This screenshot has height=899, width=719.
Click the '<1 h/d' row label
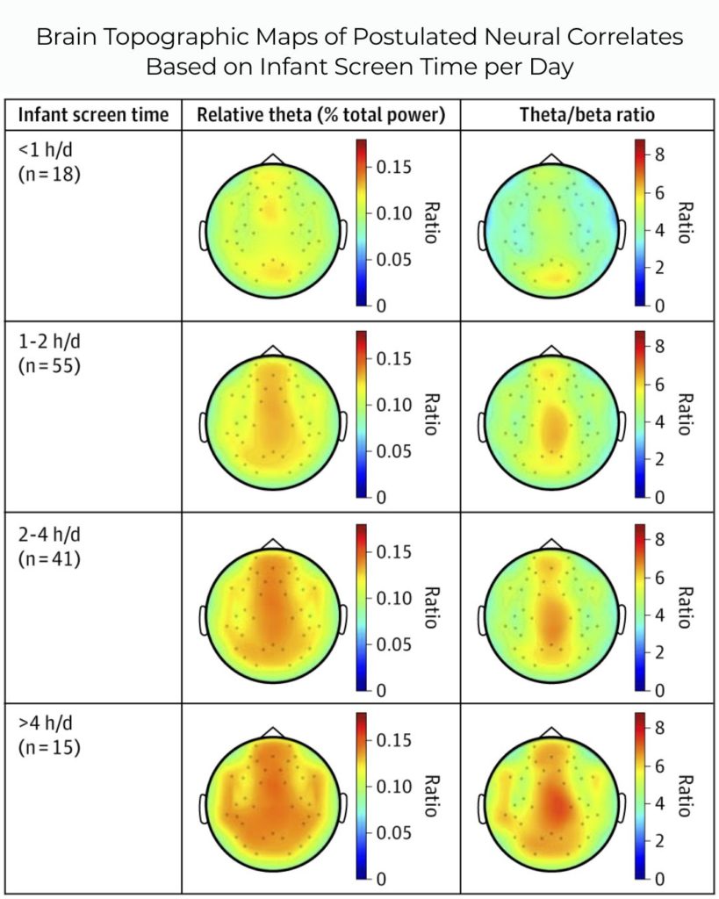[40, 150]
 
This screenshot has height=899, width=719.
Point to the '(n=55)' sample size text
[50, 363]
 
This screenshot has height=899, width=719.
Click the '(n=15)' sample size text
[50, 748]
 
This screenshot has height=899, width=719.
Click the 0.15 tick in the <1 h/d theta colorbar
[393, 168]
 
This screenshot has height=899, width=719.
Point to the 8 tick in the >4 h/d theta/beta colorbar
[661, 728]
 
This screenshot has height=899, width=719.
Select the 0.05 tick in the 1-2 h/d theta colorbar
[393, 451]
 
